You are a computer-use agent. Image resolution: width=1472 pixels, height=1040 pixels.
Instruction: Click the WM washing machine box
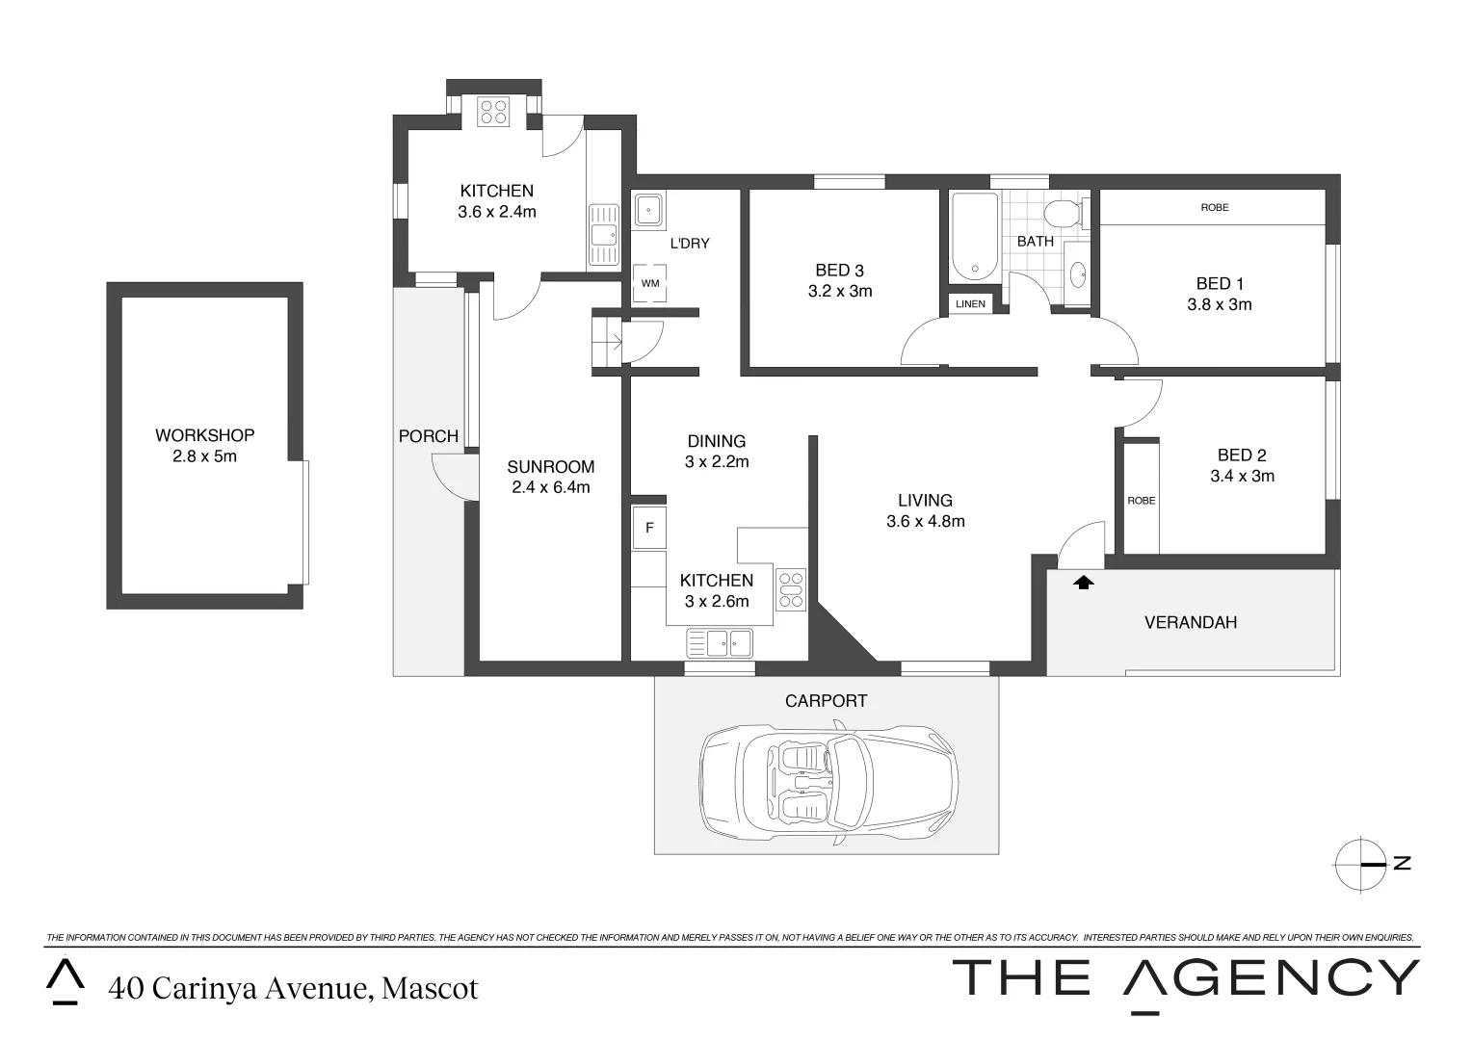point(650,284)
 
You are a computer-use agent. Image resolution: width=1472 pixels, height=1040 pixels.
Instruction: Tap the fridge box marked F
point(649,528)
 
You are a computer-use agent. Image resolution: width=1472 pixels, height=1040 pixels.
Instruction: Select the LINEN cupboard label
point(970,304)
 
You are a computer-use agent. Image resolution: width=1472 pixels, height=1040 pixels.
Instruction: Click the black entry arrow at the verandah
point(1084,582)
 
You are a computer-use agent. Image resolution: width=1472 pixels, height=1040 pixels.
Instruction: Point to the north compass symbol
point(1364,864)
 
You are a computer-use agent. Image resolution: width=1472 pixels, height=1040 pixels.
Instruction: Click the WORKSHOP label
point(204,435)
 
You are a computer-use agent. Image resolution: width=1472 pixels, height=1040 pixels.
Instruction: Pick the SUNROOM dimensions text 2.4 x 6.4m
point(551,488)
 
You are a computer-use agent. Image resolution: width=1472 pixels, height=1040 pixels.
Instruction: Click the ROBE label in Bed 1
point(1214,207)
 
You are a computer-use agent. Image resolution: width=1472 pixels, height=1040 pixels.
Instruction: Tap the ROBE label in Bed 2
point(1141,501)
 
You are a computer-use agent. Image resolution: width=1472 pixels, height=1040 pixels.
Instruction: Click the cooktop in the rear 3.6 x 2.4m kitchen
point(494,112)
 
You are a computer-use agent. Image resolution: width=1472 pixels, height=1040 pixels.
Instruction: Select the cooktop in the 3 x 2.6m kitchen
point(791,589)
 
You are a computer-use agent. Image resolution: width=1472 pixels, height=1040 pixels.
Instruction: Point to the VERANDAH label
point(1190,622)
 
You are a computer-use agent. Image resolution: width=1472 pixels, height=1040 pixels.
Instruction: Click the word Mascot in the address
point(430,989)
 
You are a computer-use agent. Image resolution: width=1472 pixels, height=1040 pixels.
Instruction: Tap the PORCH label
point(428,436)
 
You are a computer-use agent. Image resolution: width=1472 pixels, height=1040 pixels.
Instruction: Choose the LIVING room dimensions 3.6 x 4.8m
point(925,522)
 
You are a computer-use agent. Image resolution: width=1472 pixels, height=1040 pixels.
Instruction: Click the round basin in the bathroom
point(1078,273)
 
